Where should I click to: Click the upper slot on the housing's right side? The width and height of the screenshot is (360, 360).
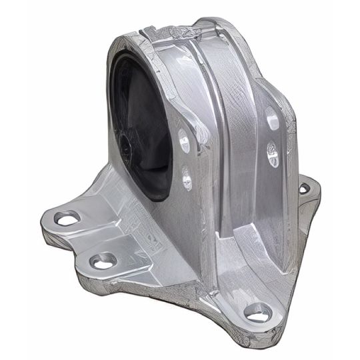(x=273, y=120)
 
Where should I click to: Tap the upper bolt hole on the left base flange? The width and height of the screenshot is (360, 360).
(x=67, y=217)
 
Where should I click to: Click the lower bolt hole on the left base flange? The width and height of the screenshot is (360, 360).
(x=103, y=261)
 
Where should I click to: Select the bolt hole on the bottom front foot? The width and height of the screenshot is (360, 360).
(x=258, y=311)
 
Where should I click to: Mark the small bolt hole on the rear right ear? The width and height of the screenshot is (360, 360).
(x=304, y=189)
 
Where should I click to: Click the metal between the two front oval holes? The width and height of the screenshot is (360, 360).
(x=185, y=160)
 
